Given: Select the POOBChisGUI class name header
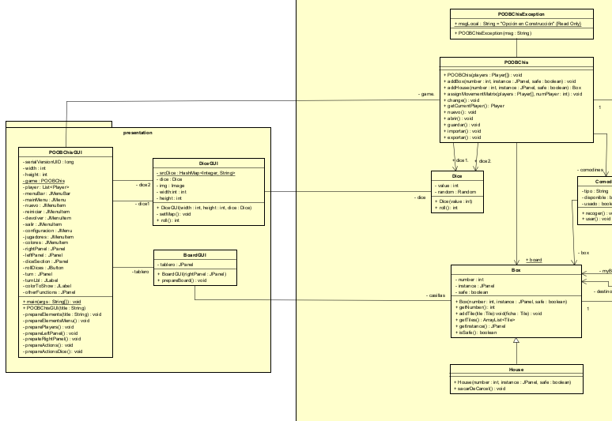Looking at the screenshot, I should pos(66,152).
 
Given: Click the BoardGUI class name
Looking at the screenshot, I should pos(194,255).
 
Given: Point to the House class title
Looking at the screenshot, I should pos(516,370).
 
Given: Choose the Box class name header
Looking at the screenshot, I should pos(516,270).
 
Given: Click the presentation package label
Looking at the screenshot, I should pos(138,133).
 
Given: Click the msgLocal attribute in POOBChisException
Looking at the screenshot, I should pos(518,24).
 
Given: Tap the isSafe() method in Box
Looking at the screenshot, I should pos(478,333).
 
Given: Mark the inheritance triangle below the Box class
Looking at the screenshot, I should pos(516,341).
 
